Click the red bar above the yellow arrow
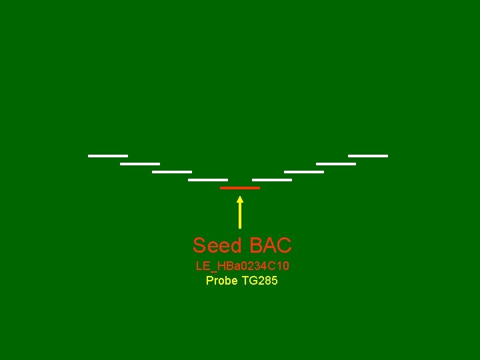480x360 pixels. tap(240, 188)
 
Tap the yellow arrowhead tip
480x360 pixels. tap(240, 196)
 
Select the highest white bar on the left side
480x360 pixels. tap(107, 156)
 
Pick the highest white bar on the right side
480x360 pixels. tap(367, 156)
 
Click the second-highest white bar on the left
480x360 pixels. tap(140, 163)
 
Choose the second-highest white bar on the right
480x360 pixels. tap(335, 163)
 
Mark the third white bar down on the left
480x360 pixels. tap(172, 171)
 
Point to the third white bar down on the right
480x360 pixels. tap(303, 171)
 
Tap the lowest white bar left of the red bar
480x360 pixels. tap(208, 179)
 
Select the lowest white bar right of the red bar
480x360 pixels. tap(272, 179)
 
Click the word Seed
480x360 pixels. tap(217, 246)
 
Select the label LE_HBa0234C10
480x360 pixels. tap(242, 266)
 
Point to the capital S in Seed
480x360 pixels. tap(199, 246)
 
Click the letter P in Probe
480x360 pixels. tap(209, 281)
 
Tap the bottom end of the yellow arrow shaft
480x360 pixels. tap(240, 227)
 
